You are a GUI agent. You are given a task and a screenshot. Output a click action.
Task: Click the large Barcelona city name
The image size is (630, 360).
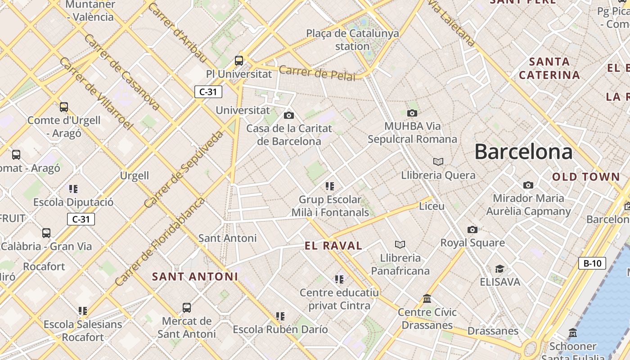coord(523,152)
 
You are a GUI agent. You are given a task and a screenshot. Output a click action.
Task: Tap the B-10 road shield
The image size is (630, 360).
coord(592,263)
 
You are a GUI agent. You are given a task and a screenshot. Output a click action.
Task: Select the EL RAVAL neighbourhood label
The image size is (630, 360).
coord(333,246)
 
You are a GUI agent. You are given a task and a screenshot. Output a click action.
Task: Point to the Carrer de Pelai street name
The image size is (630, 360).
coord(317,73)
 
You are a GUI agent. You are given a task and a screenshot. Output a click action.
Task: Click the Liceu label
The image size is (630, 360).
coord(432,206)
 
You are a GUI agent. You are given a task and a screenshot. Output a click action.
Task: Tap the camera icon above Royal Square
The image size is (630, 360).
coord(472,230)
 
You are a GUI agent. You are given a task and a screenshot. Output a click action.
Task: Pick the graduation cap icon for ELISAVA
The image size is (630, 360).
coord(499,269)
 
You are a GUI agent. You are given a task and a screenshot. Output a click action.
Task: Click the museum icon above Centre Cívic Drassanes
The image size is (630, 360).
coord(427,299)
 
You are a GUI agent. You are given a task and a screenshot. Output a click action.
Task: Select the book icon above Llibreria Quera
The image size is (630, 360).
coord(438,162)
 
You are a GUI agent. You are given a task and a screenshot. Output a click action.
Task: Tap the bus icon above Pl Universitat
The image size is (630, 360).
coord(239,60)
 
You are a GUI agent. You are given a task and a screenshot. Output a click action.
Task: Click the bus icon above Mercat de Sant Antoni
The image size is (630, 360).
coord(187,308)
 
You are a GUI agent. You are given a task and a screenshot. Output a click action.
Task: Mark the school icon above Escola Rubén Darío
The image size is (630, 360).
coord(280,316)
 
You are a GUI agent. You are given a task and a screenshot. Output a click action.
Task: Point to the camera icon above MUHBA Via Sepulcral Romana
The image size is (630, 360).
coord(412,113)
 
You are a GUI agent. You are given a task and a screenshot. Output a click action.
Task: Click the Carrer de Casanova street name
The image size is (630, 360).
coord(121,72)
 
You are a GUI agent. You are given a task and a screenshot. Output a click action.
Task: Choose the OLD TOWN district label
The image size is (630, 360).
coord(586,177)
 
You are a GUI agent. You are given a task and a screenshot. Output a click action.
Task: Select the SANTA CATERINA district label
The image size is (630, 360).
coord(549,68)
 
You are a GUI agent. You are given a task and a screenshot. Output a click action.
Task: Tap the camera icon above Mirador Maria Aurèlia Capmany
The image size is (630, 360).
coord(528,185)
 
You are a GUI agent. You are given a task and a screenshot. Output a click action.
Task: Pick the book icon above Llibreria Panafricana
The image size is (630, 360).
coord(400,244)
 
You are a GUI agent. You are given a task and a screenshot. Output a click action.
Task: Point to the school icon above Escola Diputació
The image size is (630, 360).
coord(73,189)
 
